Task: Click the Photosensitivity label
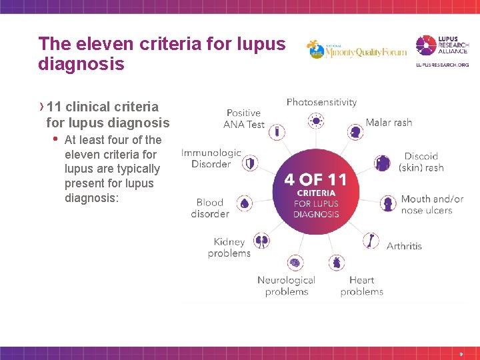[321, 102]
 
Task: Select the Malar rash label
[389, 123]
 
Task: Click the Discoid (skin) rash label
[421, 162]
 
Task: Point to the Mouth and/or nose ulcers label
[431, 205]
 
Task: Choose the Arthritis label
[404, 246]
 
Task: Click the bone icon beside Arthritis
[371, 240]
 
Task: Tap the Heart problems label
[361, 286]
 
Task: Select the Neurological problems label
[286, 286]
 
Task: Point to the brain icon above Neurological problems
[295, 263]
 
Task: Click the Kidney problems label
[229, 247]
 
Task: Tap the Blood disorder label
[209, 208]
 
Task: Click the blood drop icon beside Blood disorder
[245, 203]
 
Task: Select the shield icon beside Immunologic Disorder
[251, 162]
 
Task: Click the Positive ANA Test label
[244, 119]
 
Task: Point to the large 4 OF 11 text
[315, 179]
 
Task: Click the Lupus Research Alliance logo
[442, 51]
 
